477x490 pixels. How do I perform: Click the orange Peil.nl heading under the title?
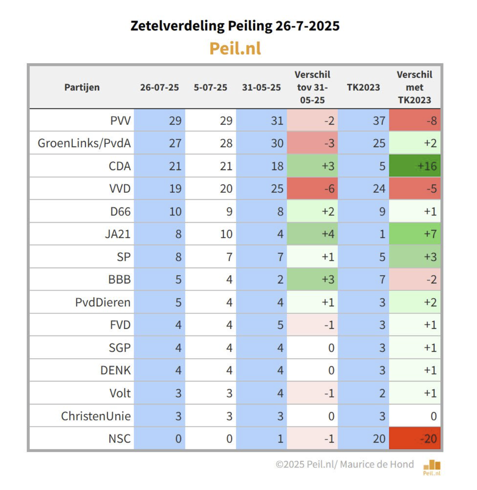(235, 49)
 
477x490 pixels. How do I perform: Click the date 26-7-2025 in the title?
(307, 26)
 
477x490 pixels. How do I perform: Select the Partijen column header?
(82, 87)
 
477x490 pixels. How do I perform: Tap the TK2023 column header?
(363, 87)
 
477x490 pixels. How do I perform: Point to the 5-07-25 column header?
(210, 87)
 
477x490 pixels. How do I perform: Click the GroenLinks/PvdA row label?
(84, 143)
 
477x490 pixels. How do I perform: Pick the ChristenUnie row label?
(96, 416)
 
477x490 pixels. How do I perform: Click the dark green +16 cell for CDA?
(415, 166)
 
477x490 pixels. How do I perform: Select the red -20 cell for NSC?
(415, 438)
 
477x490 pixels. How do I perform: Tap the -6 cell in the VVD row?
(313, 189)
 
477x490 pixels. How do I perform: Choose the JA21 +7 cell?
(415, 234)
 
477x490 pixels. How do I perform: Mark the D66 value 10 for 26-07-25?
(160, 212)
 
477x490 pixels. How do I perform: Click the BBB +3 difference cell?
(313, 280)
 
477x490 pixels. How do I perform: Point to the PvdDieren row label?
(102, 302)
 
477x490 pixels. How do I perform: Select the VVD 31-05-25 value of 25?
(262, 189)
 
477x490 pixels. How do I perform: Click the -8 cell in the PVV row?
(415, 120)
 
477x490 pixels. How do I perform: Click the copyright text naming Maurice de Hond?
(344, 464)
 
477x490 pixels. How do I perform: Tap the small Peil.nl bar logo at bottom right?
(432, 467)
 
